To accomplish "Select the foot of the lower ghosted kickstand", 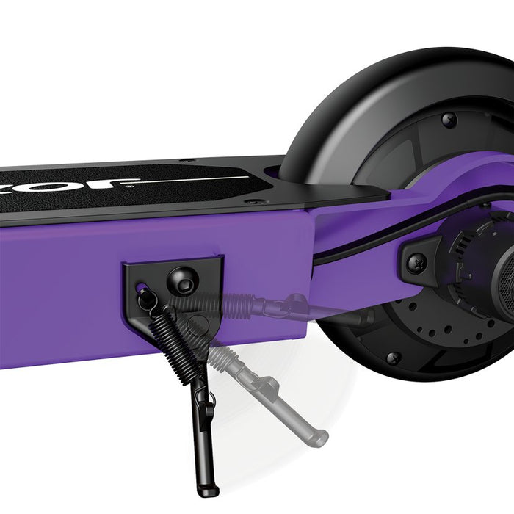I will click(316, 438).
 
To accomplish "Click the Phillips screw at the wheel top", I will click(449, 119).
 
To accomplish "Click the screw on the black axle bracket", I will click(417, 260).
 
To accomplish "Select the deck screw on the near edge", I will click(255, 201).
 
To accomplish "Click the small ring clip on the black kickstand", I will click(209, 400).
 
